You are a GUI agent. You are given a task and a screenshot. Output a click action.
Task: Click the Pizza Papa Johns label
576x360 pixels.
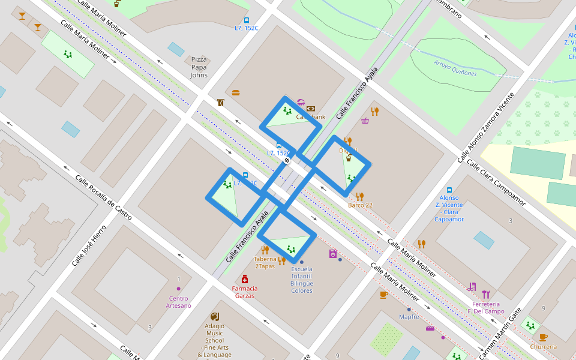click(199, 67)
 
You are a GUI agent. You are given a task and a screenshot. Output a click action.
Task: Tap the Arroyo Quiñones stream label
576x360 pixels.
click(455, 68)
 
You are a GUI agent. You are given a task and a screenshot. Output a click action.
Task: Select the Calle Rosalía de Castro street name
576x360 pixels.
click(103, 196)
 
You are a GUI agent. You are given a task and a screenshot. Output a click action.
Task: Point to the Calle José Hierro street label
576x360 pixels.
click(89, 245)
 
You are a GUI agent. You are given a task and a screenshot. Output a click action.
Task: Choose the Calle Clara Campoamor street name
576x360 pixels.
click(496, 182)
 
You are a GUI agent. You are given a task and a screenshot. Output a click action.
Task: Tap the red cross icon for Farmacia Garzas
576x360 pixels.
click(245, 279)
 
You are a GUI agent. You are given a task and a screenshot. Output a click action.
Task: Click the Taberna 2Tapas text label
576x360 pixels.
click(265, 263)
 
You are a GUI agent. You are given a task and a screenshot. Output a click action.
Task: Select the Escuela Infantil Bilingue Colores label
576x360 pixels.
click(302, 280)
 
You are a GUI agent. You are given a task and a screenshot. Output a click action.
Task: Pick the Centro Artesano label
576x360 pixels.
click(179, 302)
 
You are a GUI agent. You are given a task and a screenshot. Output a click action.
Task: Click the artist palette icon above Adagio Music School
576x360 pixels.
click(215, 316)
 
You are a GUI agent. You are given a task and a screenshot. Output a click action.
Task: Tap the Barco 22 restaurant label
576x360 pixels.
click(360, 205)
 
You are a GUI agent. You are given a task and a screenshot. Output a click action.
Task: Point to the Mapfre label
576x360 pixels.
click(409, 316)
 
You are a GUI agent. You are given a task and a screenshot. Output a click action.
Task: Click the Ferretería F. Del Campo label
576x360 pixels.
click(486, 307)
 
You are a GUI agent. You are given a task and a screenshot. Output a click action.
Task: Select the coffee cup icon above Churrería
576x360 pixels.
click(543, 337)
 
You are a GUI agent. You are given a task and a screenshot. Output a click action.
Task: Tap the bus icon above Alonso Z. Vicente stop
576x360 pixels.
click(449, 190)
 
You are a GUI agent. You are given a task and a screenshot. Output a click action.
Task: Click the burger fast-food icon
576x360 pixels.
click(236, 92)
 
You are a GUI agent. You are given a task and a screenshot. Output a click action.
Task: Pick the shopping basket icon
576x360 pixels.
click(365, 121)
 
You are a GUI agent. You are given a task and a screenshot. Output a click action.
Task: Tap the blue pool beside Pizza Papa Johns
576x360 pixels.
click(176, 49)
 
